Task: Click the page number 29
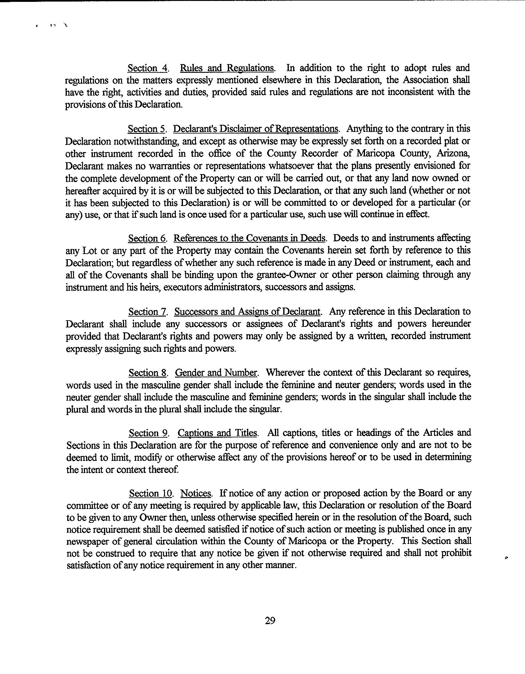click(x=270, y=620)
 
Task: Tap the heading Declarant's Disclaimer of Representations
click(x=256, y=129)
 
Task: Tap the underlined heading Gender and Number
click(x=216, y=372)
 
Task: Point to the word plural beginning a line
click(x=77, y=409)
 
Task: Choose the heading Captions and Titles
click(x=217, y=433)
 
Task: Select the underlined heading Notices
click(x=196, y=493)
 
